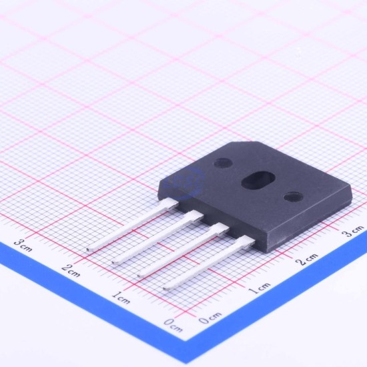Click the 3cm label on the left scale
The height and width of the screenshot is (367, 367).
tap(23, 246)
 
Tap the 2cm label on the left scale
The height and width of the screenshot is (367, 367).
tap(71, 270)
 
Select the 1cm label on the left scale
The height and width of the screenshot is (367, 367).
tap(121, 297)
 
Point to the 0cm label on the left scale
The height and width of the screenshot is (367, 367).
tap(173, 325)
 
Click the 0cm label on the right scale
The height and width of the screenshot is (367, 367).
tap(210, 318)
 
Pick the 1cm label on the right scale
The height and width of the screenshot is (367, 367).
tap(259, 288)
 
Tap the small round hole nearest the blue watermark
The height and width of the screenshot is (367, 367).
tap(224, 163)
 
